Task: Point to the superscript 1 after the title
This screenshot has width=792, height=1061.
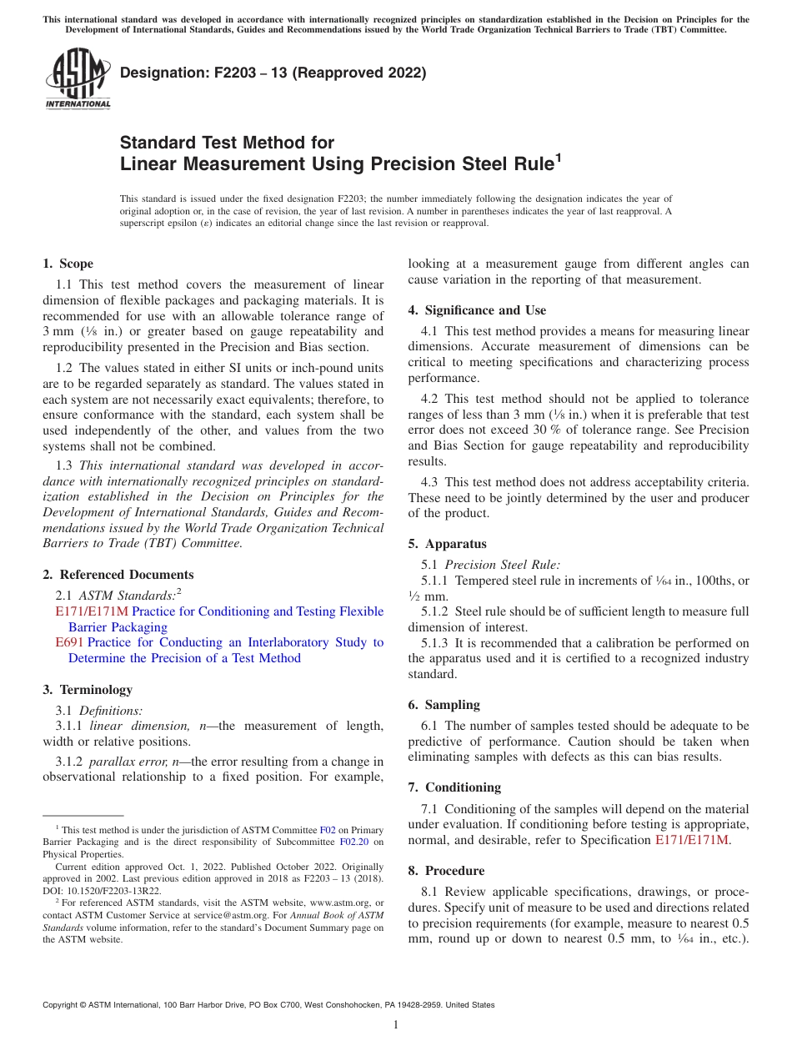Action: click(x=559, y=158)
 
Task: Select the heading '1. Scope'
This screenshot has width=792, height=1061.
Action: click(x=68, y=264)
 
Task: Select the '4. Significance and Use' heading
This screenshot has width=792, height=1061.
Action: click(x=477, y=310)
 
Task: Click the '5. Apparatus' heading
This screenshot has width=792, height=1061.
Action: click(x=447, y=544)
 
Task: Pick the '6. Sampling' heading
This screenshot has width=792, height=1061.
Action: click(x=444, y=705)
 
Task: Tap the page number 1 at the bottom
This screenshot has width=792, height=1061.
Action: click(x=396, y=1025)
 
